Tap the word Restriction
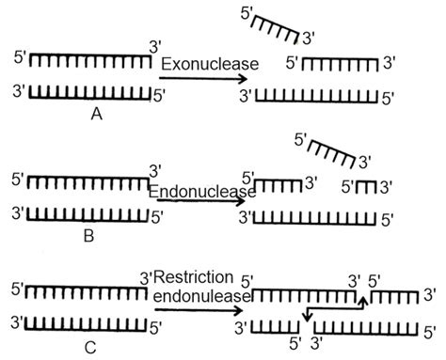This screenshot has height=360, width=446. pyautogui.click(x=198, y=278)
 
